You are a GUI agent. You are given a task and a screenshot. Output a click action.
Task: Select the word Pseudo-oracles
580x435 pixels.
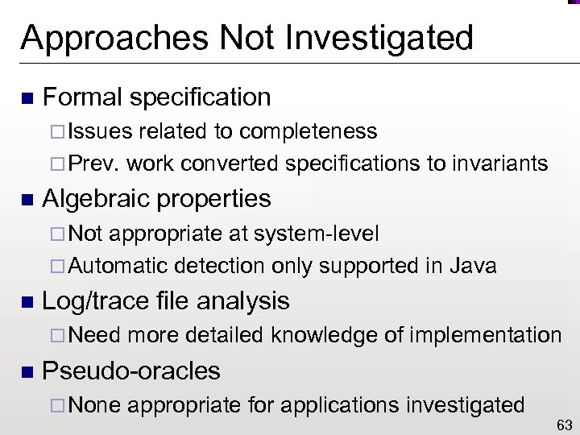[x=130, y=371]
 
